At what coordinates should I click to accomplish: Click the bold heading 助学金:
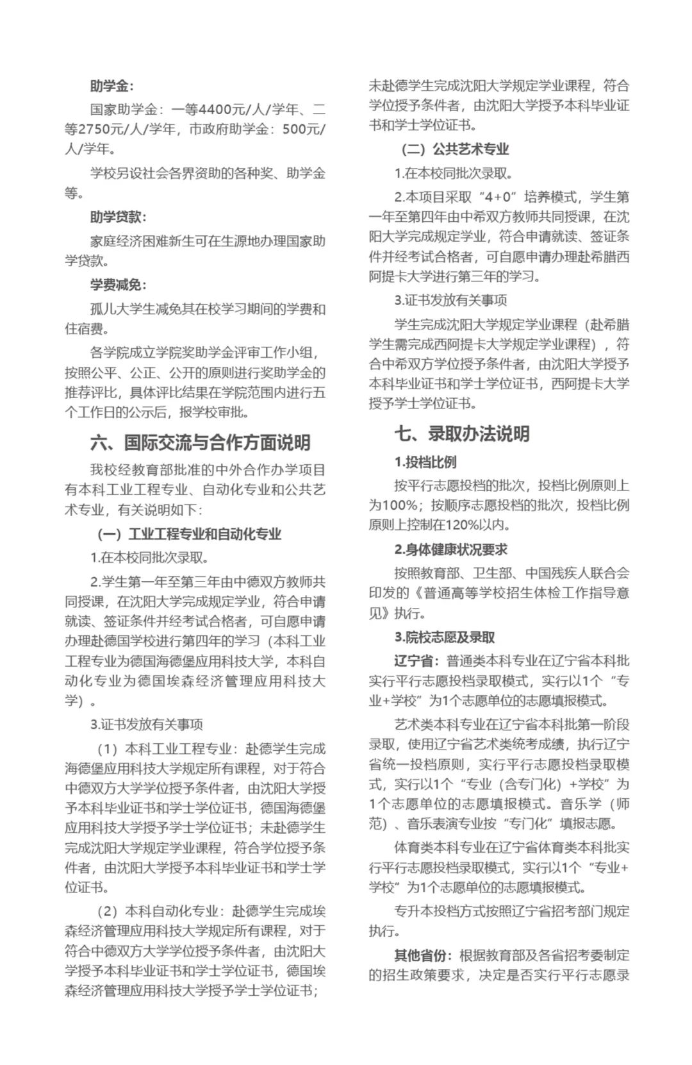click(111, 86)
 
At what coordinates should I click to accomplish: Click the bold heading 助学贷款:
click(118, 217)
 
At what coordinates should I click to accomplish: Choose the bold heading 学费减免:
click(118, 285)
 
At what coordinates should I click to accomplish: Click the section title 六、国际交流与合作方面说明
click(200, 442)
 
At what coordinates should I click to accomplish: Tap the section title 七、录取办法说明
click(461, 434)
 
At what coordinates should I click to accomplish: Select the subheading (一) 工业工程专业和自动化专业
click(190, 534)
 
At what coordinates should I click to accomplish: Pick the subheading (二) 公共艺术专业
click(455, 149)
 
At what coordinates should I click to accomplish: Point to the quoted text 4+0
click(500, 197)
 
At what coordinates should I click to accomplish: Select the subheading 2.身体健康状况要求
click(450, 549)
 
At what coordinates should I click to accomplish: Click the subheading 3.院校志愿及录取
click(444, 637)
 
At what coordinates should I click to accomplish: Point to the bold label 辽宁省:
click(416, 661)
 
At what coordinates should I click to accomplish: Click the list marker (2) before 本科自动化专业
click(107, 911)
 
